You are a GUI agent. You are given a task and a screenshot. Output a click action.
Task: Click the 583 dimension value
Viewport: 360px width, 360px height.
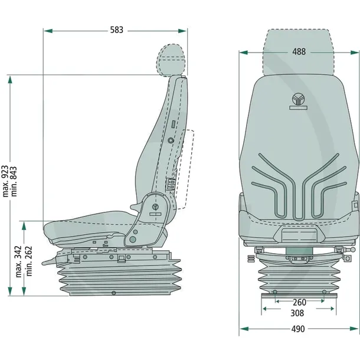(117, 30)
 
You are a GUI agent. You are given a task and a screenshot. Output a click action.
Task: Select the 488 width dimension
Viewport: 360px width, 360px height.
(299, 52)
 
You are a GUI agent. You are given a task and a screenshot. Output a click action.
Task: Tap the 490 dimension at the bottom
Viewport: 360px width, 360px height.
(298, 329)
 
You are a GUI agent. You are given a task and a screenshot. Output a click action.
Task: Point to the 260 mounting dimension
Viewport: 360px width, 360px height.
(299, 302)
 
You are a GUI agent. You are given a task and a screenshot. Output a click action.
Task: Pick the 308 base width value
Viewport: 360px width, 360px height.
(297, 313)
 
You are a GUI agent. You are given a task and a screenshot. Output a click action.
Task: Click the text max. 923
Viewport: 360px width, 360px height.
(5, 181)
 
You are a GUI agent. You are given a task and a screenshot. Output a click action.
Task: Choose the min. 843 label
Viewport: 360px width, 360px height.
(14, 181)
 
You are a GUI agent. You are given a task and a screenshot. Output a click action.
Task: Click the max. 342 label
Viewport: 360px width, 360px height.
(18, 261)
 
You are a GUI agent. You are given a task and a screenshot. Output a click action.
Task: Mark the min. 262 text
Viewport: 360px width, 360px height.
(29, 261)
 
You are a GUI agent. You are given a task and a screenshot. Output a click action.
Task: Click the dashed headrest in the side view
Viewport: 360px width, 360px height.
(171, 60)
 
